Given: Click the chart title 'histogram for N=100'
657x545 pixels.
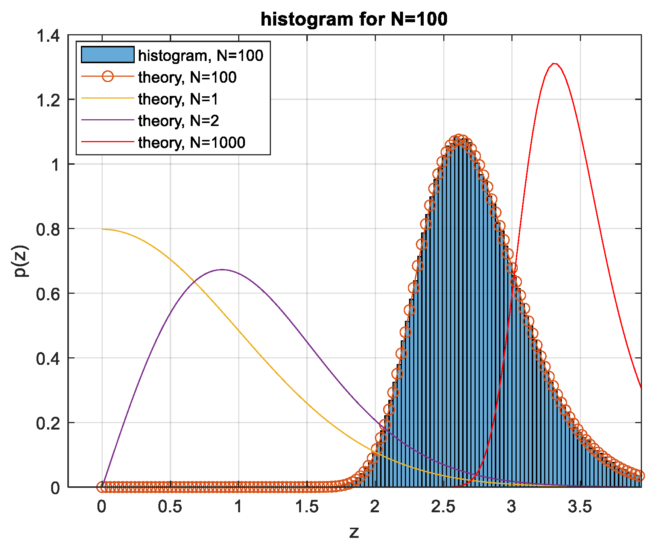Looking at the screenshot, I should [x=354, y=19].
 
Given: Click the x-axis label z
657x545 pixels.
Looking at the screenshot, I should [x=354, y=532].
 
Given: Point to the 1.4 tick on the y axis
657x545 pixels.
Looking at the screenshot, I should [x=48, y=36].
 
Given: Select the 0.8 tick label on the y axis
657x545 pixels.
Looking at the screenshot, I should [x=48, y=229].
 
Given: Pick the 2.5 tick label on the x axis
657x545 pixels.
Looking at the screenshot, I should [x=443, y=507].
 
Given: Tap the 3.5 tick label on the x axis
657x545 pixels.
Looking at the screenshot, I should [x=580, y=507].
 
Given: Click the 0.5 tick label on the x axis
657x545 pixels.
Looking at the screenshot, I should [x=170, y=507].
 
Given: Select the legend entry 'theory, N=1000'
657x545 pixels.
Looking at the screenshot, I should [x=192, y=143].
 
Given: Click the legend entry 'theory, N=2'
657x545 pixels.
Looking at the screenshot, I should [x=178, y=121].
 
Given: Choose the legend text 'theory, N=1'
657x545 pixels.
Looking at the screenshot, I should [x=178, y=99].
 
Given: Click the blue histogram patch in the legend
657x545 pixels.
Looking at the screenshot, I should [x=108, y=55].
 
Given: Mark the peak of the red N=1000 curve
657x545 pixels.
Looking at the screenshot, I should [x=554, y=64].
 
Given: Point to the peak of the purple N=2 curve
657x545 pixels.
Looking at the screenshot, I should [x=222, y=270].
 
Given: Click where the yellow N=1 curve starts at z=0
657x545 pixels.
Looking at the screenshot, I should [x=102, y=229].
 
